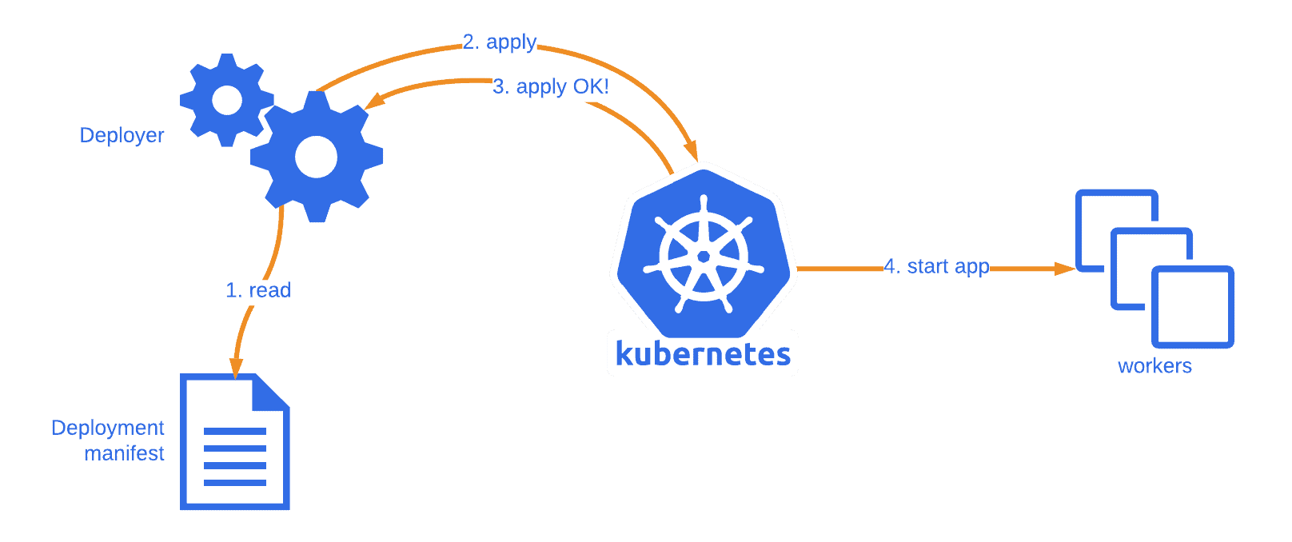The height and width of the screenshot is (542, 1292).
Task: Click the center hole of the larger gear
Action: pos(317,157)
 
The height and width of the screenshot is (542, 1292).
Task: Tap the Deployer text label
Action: pos(122,135)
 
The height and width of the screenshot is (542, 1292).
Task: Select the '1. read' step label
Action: pos(257,290)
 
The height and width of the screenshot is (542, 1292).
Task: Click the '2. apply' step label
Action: pos(500,42)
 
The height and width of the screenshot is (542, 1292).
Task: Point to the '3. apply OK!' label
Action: pos(550,86)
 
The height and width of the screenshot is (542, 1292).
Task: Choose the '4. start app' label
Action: pos(936,266)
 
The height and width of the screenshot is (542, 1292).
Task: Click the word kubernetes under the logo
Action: pos(703,353)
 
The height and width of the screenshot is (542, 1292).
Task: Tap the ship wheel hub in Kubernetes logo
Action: pos(704,256)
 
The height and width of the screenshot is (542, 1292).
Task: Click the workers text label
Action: pos(1154,366)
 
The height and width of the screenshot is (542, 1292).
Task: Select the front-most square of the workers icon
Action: pos(1193,307)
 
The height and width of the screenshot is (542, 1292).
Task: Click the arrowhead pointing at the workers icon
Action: pos(1066,269)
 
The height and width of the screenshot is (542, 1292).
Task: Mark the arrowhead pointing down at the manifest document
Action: pos(236,367)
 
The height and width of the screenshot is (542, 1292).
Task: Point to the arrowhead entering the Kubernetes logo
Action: pos(692,151)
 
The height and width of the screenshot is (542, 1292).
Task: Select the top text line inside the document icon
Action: pos(235,432)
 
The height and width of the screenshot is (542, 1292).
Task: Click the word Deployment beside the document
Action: pos(107,428)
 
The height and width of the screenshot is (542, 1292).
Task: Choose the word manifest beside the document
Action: pos(124,453)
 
